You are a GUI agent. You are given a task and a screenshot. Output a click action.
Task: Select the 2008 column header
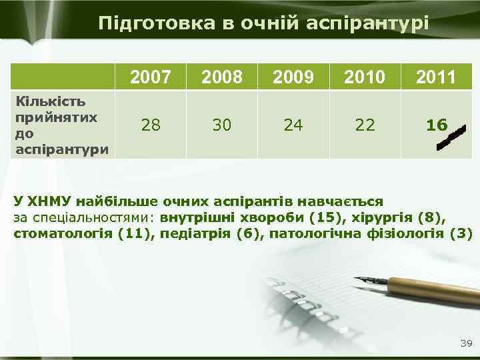click(223, 77)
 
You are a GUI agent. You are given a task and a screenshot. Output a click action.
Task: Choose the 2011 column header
click(437, 77)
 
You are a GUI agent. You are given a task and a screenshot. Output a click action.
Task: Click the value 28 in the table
click(151, 125)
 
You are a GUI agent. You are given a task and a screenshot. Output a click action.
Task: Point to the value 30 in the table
click(223, 125)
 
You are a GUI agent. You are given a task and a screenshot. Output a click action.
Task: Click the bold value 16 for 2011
click(437, 125)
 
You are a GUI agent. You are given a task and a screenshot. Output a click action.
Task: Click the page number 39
click(465, 343)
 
